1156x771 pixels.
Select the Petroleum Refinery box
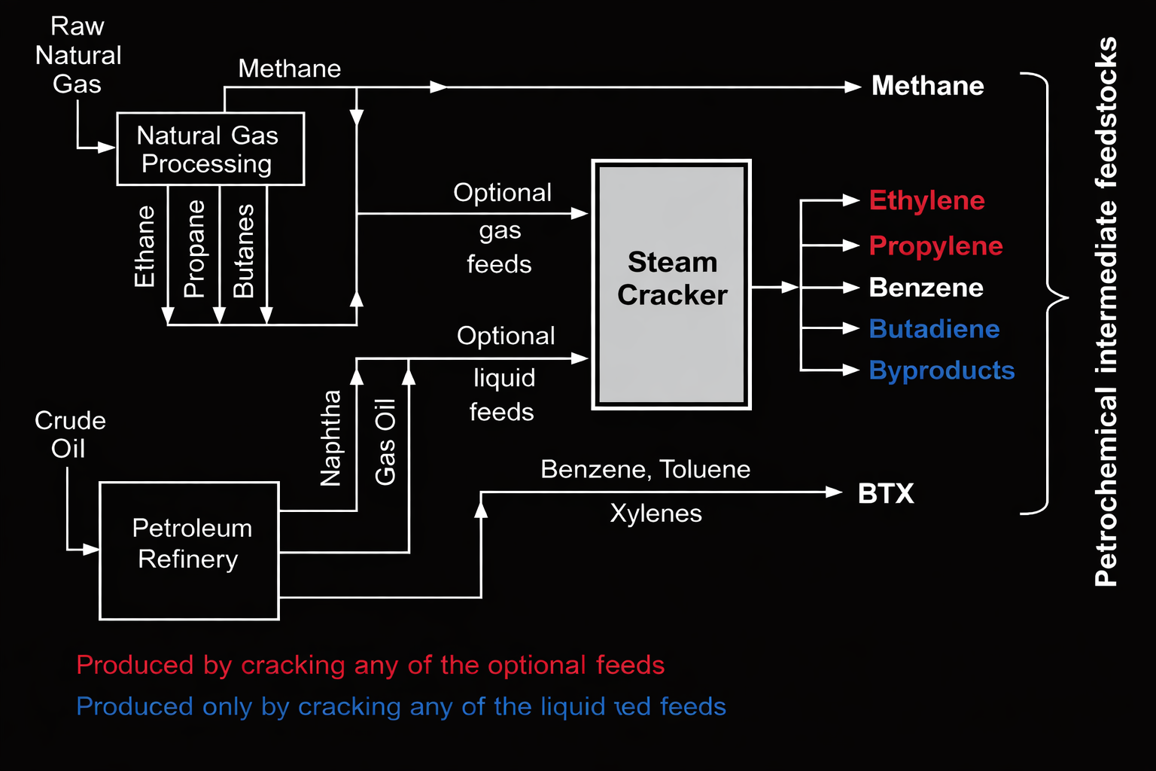pos(189,550)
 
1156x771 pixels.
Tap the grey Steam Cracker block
pos(671,285)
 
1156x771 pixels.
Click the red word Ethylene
pos(926,201)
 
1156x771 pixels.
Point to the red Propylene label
pos(935,246)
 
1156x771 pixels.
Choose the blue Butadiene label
pos(934,329)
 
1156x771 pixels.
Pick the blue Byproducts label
pos(942,370)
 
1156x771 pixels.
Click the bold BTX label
pos(886,494)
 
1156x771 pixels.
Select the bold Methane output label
pos(927,86)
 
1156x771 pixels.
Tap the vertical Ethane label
pos(144,247)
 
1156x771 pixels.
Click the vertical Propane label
pos(194,248)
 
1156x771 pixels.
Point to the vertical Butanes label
pos(243,251)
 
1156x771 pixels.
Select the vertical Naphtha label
pos(330,437)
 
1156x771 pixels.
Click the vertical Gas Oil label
pos(385,442)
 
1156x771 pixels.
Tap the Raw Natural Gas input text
pos(78,55)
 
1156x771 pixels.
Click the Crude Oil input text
pos(69,434)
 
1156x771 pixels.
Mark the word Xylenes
pos(656,513)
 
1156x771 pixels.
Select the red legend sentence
pos(370,666)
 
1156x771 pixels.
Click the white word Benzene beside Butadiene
pos(926,288)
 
